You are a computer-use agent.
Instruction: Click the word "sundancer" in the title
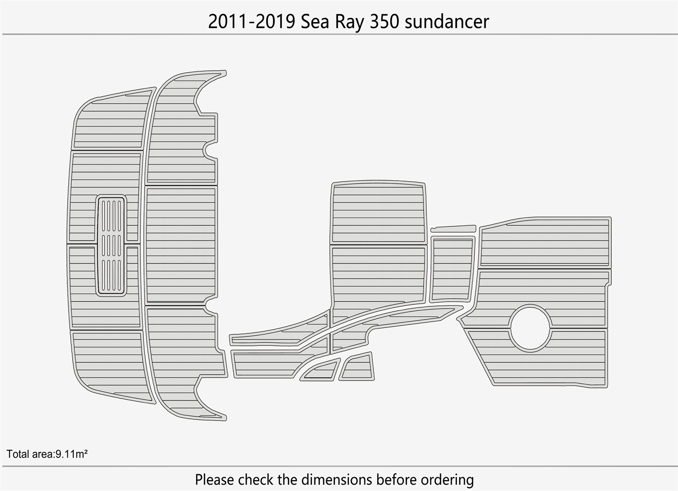447,22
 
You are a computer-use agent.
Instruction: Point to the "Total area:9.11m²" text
47,454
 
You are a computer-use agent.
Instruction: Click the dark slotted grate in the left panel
112,245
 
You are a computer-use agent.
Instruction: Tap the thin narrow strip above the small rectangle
453,228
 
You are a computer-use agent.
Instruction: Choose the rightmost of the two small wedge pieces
358,367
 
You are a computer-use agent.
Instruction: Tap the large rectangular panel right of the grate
181,244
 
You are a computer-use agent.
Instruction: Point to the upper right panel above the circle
544,243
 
